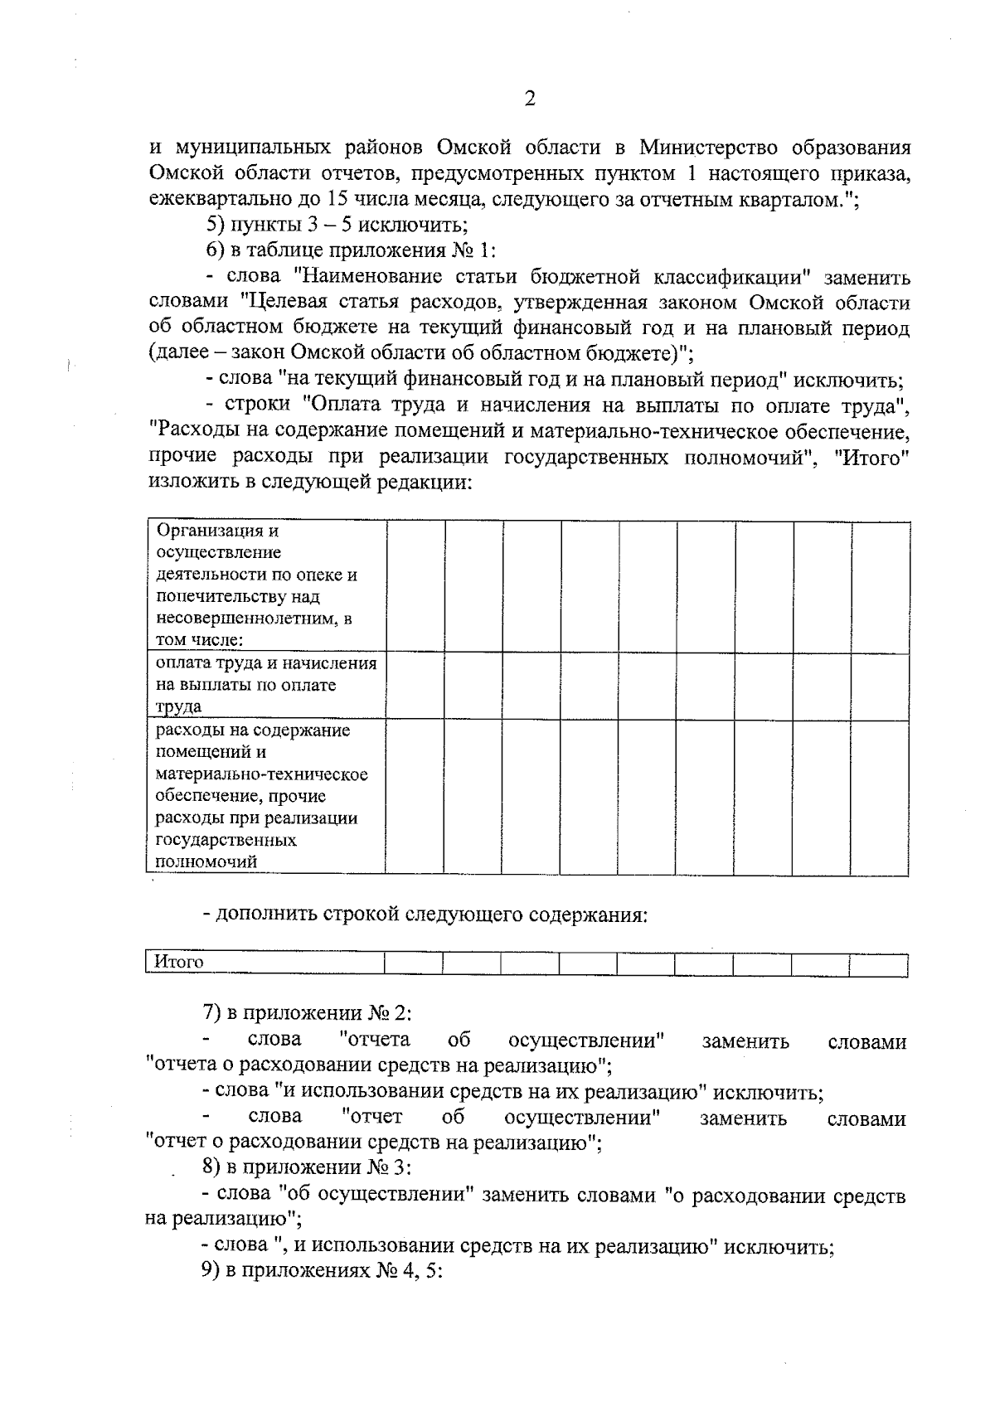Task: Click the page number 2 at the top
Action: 530,99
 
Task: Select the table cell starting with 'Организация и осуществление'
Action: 265,585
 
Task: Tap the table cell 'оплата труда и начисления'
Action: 265,685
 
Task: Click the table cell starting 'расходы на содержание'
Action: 265,795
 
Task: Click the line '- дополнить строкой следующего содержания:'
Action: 425,915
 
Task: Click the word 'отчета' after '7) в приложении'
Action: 375,1040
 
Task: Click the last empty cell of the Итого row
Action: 878,963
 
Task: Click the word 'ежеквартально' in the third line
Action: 217,200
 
